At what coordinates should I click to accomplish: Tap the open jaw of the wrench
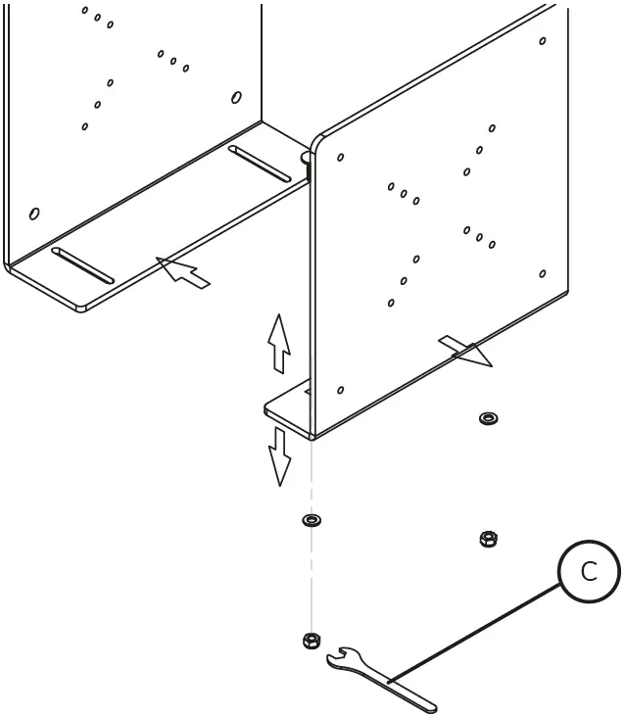pos(339,656)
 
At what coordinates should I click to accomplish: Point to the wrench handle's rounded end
pos(429,702)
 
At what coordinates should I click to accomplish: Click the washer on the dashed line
pos(312,519)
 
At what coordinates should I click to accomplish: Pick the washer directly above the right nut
pos(487,419)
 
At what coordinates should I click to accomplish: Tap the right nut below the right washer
pos(487,539)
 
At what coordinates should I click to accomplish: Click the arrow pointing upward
pos(279,342)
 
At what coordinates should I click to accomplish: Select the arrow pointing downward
pos(280,456)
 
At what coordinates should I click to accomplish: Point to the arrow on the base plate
pos(183,271)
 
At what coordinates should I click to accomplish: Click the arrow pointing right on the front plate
pos(465,351)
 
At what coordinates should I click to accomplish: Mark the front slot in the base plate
pos(83,265)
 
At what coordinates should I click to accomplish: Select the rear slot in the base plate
pos(260,164)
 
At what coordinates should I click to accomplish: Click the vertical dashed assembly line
pos(312,578)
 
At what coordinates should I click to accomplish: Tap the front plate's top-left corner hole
pos(341,157)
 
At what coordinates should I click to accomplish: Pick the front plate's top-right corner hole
pos(543,41)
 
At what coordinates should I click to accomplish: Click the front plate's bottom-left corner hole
pos(340,390)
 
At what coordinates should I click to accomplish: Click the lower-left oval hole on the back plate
pos(34,214)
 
